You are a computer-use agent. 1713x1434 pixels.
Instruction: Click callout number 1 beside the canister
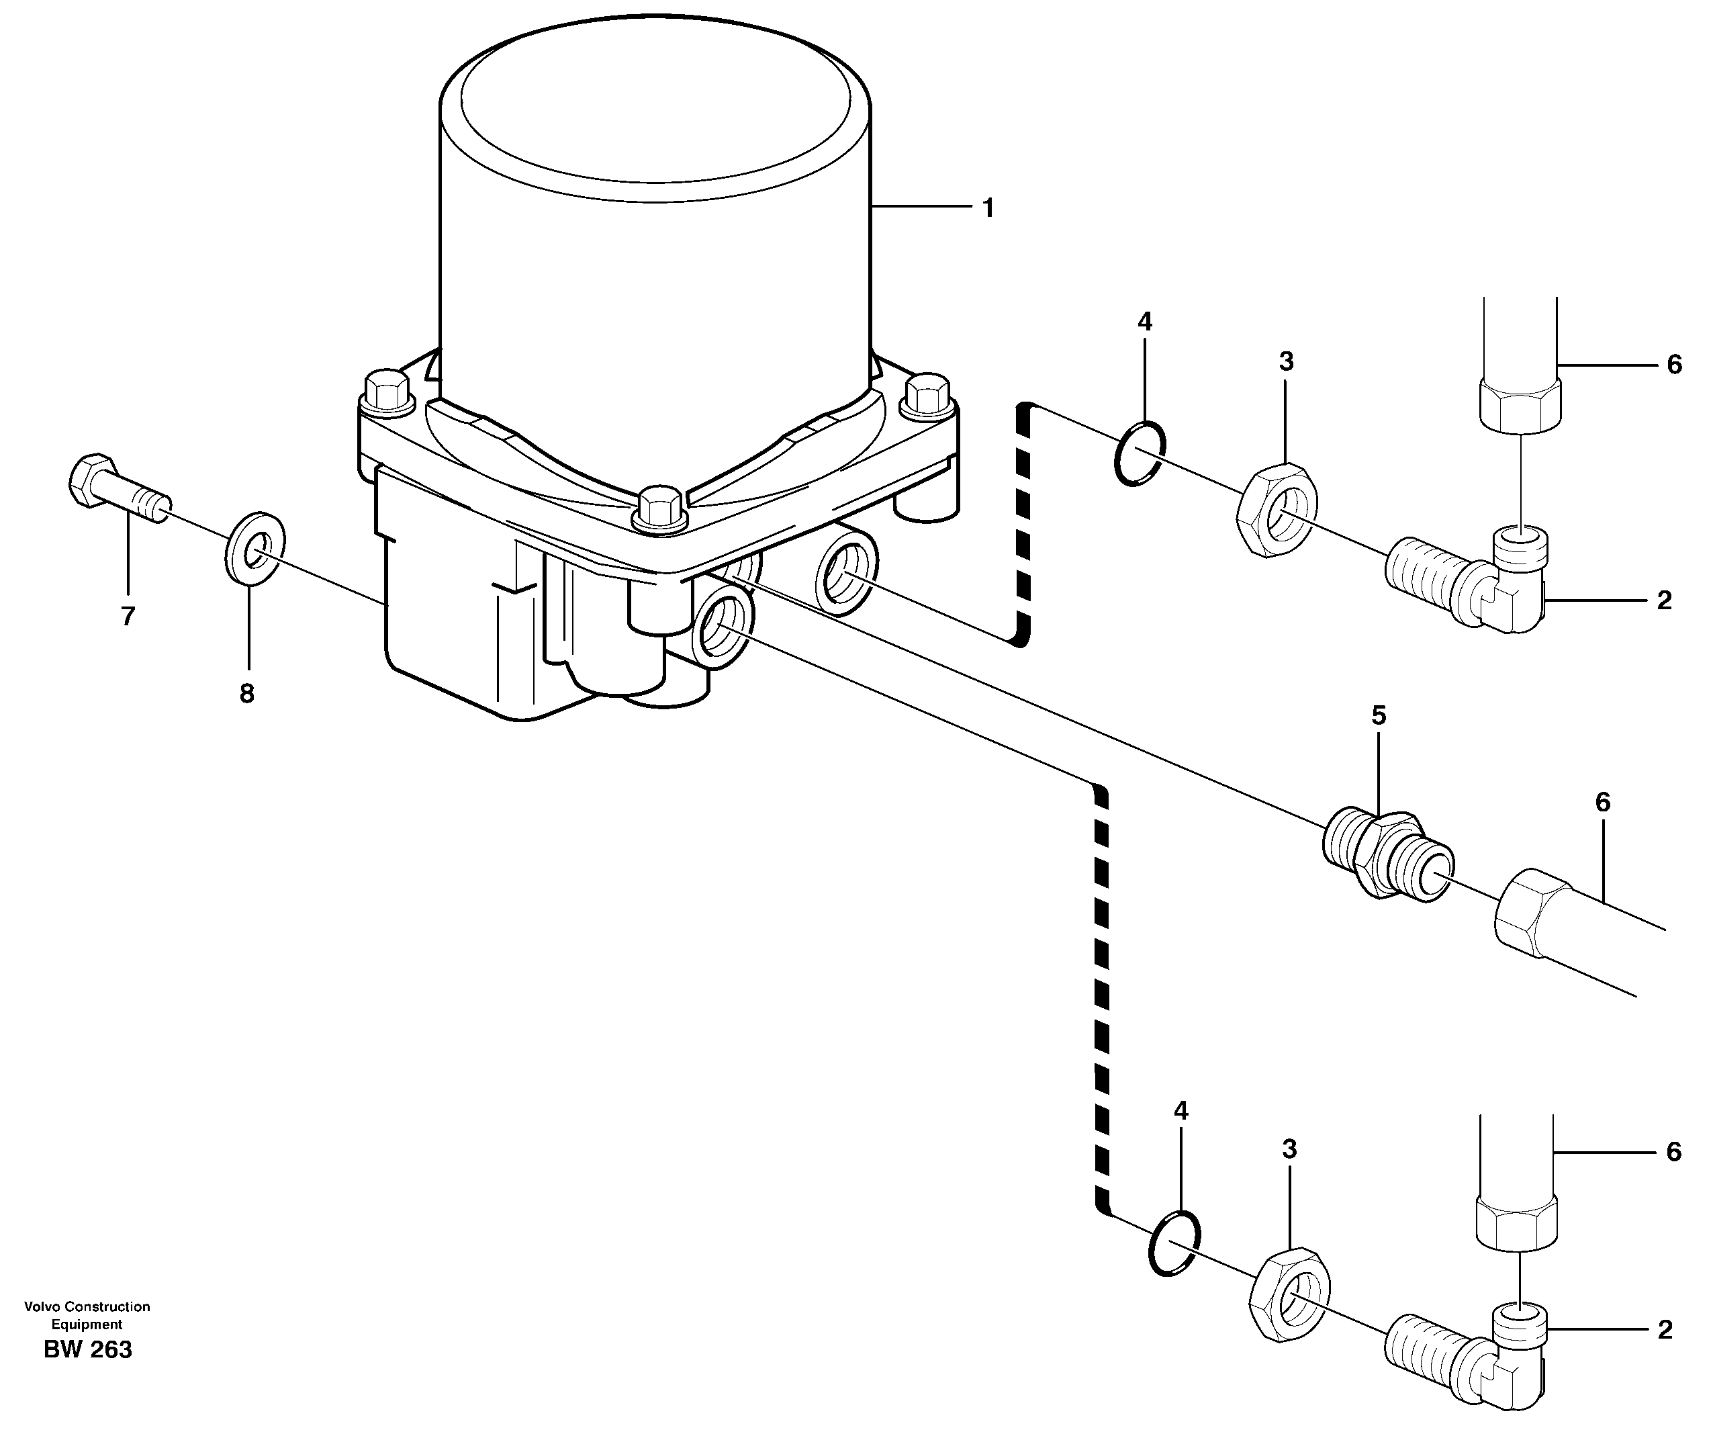click(988, 209)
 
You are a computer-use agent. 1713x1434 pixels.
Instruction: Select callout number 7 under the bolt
click(128, 617)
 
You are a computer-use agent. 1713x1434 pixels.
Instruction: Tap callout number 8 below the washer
click(246, 693)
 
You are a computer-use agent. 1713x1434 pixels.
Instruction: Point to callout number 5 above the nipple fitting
click(1378, 715)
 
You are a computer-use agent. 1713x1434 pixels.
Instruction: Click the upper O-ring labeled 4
click(1139, 453)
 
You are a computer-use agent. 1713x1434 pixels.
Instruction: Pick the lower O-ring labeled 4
click(1173, 1243)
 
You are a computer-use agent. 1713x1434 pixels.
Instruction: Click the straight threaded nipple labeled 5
click(1386, 855)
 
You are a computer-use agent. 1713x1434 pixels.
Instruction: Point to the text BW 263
click(87, 1350)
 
